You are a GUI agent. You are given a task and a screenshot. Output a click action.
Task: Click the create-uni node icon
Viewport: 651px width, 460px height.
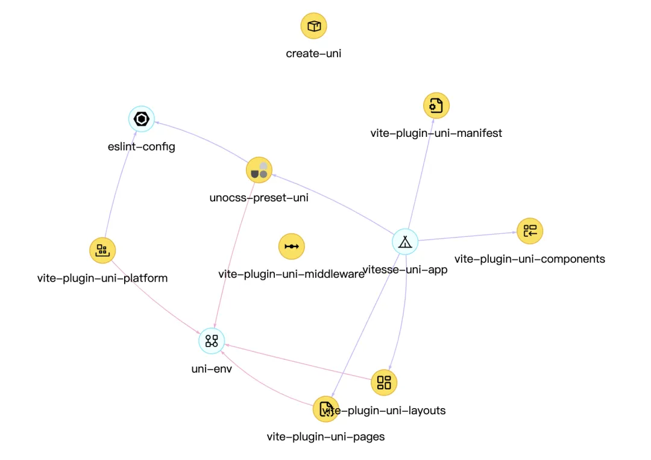pos(313,26)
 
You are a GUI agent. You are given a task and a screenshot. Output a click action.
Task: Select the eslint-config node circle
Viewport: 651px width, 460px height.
pos(142,119)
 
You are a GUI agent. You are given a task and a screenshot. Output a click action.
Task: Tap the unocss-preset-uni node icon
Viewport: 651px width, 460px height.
pos(259,170)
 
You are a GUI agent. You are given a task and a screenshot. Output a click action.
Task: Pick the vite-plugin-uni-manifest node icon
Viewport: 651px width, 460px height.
pos(436,106)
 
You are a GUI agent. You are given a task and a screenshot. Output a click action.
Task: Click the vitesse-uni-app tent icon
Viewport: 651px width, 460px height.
pos(405,242)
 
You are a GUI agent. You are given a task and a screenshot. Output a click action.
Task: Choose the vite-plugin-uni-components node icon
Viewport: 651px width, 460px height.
pos(530,230)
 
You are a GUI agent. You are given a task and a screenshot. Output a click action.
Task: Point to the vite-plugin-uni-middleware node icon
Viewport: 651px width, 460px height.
pos(292,246)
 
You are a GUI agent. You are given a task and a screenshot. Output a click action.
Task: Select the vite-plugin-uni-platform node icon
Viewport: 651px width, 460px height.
pos(102,250)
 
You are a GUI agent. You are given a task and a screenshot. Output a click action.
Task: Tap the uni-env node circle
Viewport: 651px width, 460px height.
pos(212,341)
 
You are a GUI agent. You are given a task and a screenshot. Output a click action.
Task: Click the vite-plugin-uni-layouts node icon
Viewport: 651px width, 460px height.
pos(384,382)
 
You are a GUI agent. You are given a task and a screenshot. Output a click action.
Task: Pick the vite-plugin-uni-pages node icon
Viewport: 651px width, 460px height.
pos(325,409)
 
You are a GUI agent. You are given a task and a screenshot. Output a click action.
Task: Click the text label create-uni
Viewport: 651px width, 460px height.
pos(313,54)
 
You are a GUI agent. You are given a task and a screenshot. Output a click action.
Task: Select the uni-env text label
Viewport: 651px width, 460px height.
pos(212,369)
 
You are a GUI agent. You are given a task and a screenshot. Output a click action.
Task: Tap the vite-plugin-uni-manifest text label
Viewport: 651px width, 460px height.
pos(436,133)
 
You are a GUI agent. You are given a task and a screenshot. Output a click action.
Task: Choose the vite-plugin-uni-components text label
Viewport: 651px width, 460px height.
pos(530,259)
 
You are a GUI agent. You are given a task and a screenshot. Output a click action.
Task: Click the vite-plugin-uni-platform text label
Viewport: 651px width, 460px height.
pos(102,279)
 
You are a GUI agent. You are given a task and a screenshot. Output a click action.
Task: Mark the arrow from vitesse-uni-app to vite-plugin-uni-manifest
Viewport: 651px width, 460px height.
pos(421,175)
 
